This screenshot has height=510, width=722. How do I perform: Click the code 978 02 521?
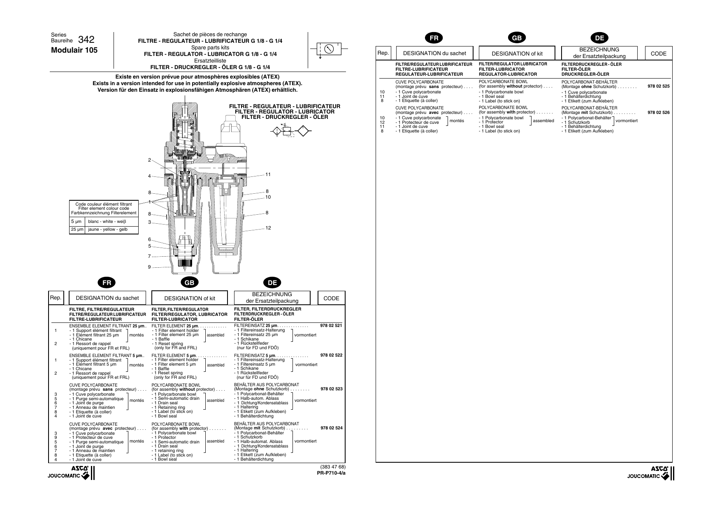[331, 325]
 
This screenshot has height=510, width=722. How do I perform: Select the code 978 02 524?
[331, 428]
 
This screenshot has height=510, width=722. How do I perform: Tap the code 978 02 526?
[658, 112]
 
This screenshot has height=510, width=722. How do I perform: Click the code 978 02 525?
[658, 86]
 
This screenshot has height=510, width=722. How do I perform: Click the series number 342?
[86, 40]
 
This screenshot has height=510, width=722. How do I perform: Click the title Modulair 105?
[74, 50]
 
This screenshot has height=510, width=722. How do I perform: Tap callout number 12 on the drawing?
[268, 228]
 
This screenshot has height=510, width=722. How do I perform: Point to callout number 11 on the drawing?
[268, 174]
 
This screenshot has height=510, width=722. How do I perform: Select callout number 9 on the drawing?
[149, 267]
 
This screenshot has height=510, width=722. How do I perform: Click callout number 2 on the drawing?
[149, 160]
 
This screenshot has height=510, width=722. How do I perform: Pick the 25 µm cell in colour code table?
[77, 229]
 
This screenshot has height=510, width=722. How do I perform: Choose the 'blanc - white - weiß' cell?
[110, 222]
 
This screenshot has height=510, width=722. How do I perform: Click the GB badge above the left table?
[190, 283]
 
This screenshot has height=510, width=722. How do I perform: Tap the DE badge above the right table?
[599, 38]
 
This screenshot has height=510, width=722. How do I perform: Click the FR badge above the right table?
[434, 38]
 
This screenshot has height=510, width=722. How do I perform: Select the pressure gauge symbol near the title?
[329, 49]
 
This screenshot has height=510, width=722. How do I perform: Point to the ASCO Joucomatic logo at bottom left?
[72, 473]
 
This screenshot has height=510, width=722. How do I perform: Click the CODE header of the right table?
[658, 53]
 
